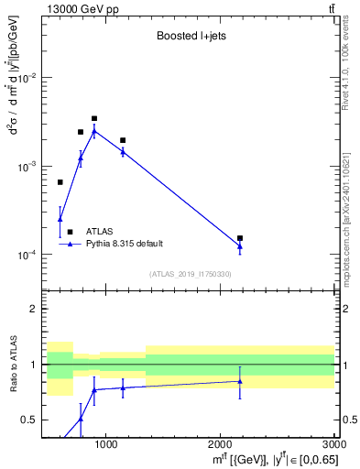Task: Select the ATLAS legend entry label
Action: coord(100,232)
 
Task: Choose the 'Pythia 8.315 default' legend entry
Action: coord(125,244)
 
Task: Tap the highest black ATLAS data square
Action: coord(94,118)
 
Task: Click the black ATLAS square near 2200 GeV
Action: coord(240,238)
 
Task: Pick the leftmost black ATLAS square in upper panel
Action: coord(60,182)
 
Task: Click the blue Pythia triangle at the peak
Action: coord(94,131)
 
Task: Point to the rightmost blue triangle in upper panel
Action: coord(240,245)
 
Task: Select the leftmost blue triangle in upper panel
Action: coord(60,218)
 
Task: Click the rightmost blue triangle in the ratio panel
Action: coord(240,381)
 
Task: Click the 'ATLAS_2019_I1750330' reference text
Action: coord(191,274)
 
